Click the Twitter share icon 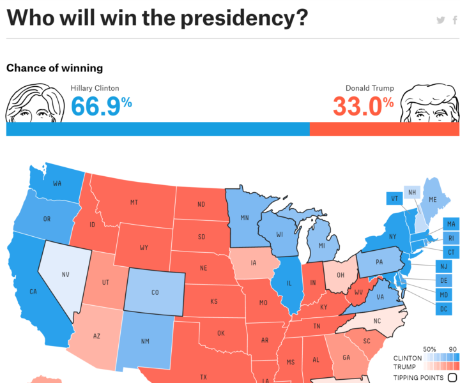click(x=440, y=20)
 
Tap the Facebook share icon click(x=455, y=20)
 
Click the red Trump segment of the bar click(x=384, y=129)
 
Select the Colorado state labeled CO click(x=155, y=292)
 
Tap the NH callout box click(x=413, y=192)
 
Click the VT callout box click(x=394, y=199)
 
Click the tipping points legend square click(x=452, y=377)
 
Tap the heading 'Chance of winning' click(x=54, y=68)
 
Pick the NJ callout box click(x=443, y=266)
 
